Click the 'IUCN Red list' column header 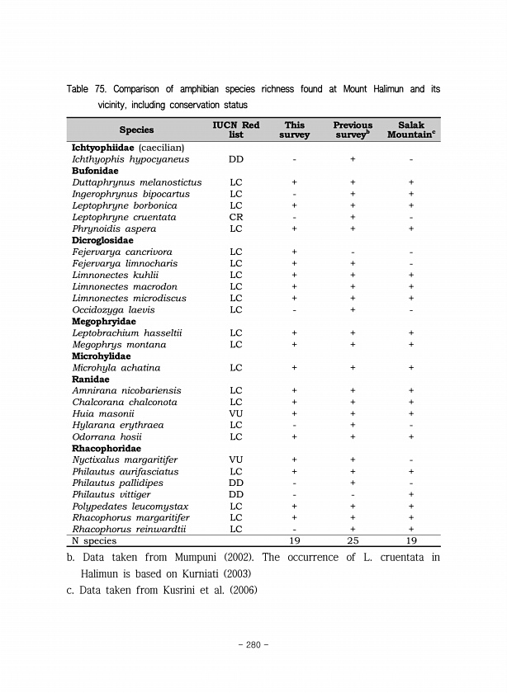pyautogui.click(x=235, y=130)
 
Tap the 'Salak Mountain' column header pyautogui.click(x=410, y=130)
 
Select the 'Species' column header pyautogui.click(x=136, y=130)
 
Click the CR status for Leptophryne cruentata pyautogui.click(x=235, y=217)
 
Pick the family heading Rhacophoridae pyautogui.click(x=107, y=448)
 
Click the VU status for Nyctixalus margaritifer pyautogui.click(x=235, y=460)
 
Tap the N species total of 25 pyautogui.click(x=353, y=540)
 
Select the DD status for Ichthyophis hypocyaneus pyautogui.click(x=235, y=159)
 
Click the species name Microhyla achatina pyautogui.click(x=116, y=367)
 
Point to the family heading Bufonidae pyautogui.click(x=95, y=171)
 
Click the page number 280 pyautogui.click(x=253, y=643)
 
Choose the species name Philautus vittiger pyautogui.click(x=112, y=494)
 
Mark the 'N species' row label pyautogui.click(x=94, y=540)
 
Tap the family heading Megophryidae pyautogui.click(x=105, y=321)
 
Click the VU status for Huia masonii pyautogui.click(x=235, y=413)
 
